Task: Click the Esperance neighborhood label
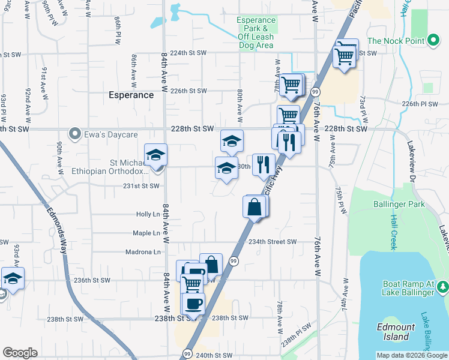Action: point(131,95)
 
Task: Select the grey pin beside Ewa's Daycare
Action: point(74,133)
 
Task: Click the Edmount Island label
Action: point(396,332)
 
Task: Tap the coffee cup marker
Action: point(193,303)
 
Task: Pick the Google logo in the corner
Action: point(20,353)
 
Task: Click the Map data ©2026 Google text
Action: point(412,355)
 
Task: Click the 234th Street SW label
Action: point(273,242)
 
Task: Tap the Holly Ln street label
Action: point(148,214)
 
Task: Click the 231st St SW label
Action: point(141,186)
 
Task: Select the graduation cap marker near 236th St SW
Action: point(13,280)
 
